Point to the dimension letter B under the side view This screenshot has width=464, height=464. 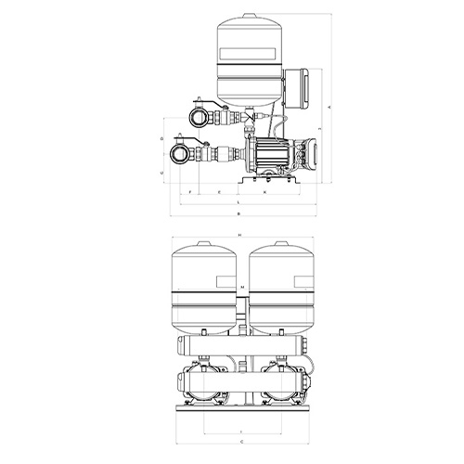[238, 213]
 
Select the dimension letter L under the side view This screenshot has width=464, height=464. [238, 201]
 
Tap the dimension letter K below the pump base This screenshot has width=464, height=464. [264, 192]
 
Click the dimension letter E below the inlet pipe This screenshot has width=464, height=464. [219, 192]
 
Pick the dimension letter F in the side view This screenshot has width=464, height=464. [190, 192]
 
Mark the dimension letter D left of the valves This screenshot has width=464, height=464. [161, 138]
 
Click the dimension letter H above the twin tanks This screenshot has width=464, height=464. [239, 235]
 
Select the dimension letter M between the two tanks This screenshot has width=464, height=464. [241, 289]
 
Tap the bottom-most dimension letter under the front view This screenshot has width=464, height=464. [240, 442]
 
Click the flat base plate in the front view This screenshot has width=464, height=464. [240, 406]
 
